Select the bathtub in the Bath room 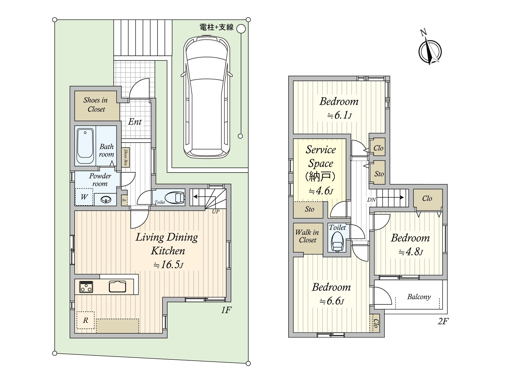(85, 146)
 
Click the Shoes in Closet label (96, 104)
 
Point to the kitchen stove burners (86, 287)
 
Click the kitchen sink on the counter (117, 286)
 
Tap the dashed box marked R (85, 320)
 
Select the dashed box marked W (84, 197)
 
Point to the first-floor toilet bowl (175, 197)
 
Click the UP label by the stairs (216, 211)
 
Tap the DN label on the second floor (371, 199)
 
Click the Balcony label (419, 297)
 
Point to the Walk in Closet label (307, 236)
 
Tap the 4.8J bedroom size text (411, 252)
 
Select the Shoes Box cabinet (126, 157)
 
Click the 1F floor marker (226, 310)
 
